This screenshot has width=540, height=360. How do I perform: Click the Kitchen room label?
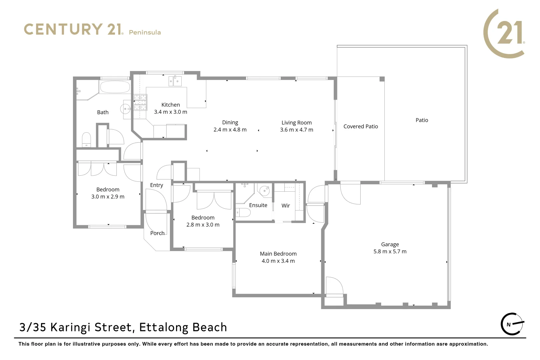click(x=170, y=105)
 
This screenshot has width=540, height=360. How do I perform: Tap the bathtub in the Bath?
click(x=115, y=87)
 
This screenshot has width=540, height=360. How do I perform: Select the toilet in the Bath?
click(x=86, y=139)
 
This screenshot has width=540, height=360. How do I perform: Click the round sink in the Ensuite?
click(x=265, y=191)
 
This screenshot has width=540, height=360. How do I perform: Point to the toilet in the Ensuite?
click(x=243, y=213)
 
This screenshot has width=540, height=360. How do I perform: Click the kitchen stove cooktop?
click(x=140, y=102)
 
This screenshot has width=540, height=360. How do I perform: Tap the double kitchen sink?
click(x=175, y=81)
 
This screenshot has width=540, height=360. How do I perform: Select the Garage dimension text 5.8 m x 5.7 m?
click(x=390, y=252)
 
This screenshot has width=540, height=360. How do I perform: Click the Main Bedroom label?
click(x=278, y=254)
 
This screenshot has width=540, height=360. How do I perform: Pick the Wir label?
click(x=286, y=206)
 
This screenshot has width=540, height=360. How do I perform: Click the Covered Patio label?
click(x=361, y=126)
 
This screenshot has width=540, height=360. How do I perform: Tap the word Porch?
click(x=157, y=233)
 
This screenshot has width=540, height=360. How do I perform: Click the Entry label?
click(x=156, y=185)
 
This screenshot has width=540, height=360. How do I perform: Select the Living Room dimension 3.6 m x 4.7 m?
click(x=296, y=130)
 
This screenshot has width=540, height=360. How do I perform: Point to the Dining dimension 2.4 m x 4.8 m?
click(x=230, y=130)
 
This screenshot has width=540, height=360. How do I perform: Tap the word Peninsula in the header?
click(x=145, y=32)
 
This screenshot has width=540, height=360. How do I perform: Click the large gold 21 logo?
click(x=504, y=33)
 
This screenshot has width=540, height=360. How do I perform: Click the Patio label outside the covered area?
click(x=422, y=120)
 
